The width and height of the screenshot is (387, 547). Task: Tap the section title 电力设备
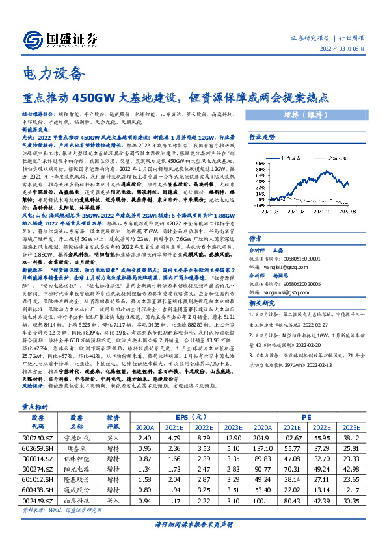[x=54, y=71]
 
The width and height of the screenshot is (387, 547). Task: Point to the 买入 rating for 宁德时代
[x=113, y=439]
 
